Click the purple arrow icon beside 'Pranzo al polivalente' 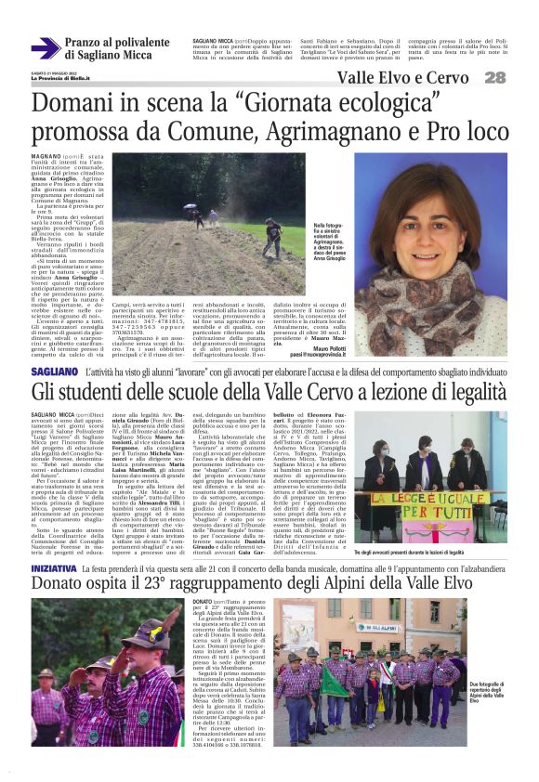tap(46, 48)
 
